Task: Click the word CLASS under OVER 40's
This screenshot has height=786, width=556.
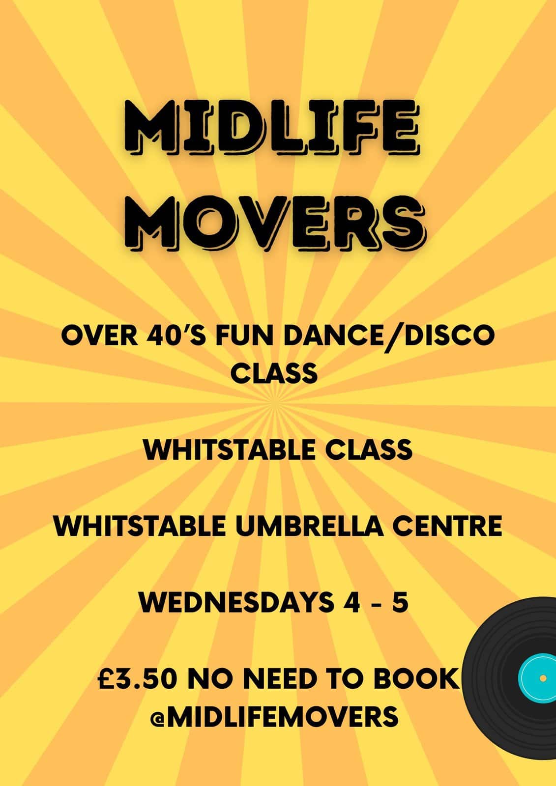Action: tap(274, 373)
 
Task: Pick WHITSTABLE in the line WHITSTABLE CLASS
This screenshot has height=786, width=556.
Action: tap(225, 450)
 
